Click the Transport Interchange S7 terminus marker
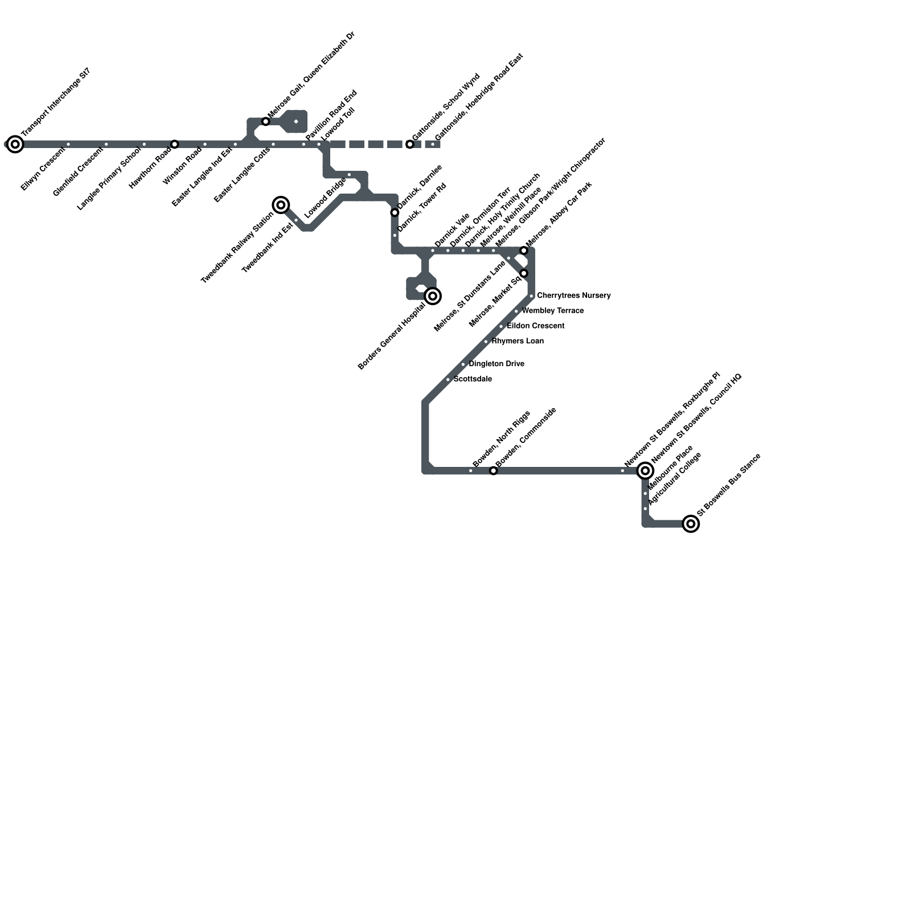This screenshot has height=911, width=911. pos(15,144)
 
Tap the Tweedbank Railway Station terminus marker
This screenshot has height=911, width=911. pos(281,205)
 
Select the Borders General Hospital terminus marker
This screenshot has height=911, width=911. pos(433,296)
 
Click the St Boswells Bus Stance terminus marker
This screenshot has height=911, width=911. pos(691,524)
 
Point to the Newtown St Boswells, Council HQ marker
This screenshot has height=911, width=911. pos(645,470)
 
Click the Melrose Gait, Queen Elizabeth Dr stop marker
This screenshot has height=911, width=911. pos(265,121)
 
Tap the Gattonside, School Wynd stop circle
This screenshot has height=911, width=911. pos(410,144)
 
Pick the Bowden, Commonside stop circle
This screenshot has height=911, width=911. pos(494,471)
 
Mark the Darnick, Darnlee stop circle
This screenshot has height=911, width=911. pos(395,212)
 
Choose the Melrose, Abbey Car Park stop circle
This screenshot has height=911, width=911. pos(524,251)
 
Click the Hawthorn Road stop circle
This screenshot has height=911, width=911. pos(175,144)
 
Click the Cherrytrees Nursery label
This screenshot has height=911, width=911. pos(573,296)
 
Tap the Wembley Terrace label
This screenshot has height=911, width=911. pos(552,311)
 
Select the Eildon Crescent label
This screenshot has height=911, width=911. pos(535,326)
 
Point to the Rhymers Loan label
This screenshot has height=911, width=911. pos(517,341)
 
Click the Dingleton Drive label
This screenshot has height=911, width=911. pos(496,364)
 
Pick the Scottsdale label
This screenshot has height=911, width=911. pos(473,379)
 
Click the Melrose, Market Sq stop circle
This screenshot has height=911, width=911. pos(524,273)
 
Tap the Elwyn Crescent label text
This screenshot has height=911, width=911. pos(43,169)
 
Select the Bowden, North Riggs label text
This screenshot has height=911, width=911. pos(501,439)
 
